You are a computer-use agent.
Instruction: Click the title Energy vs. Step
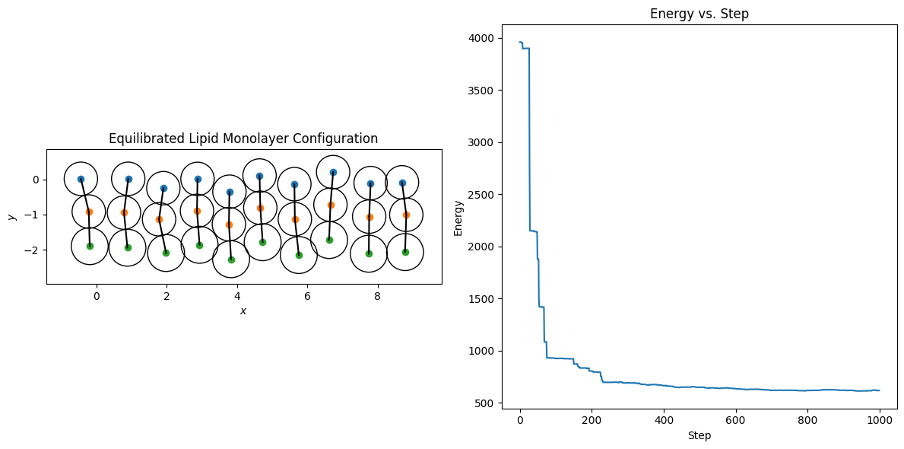pyautogui.click(x=699, y=14)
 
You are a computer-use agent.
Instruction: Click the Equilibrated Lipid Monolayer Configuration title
pyautogui.click(x=243, y=139)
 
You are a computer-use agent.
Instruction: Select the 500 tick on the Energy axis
pyautogui.click(x=484, y=403)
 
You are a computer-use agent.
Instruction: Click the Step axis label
pyautogui.click(x=699, y=436)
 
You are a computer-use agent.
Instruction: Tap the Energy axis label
pyautogui.click(x=458, y=218)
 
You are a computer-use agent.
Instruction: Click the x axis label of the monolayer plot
pyautogui.click(x=243, y=310)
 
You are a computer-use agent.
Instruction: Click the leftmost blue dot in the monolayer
pyautogui.click(x=81, y=179)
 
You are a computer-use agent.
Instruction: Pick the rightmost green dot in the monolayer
pyautogui.click(x=405, y=252)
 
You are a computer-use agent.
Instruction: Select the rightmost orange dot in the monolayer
pyautogui.click(x=406, y=215)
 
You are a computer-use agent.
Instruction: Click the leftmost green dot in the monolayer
pyautogui.click(x=90, y=246)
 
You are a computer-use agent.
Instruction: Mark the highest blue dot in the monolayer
pyautogui.click(x=333, y=172)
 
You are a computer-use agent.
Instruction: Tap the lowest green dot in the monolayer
pyautogui.click(x=231, y=260)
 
